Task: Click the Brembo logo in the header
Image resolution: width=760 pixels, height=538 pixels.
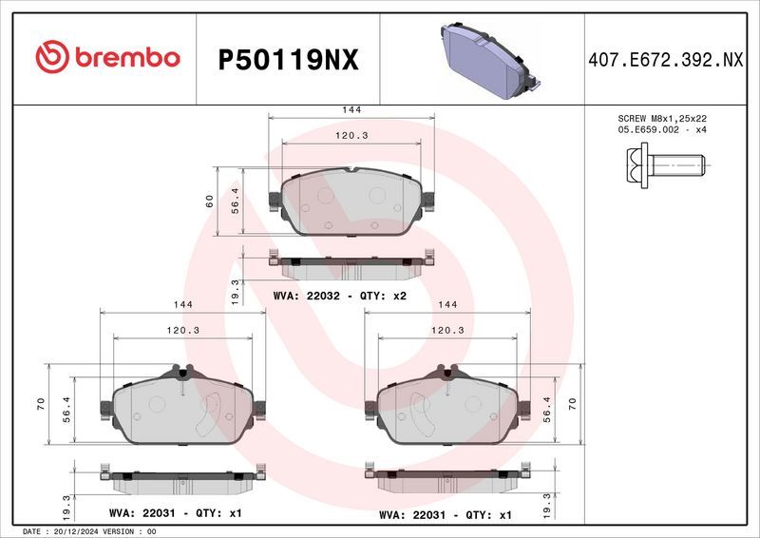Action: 107,58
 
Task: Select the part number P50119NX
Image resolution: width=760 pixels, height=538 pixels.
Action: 288,60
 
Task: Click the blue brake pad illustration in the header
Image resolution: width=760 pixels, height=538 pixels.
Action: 488,59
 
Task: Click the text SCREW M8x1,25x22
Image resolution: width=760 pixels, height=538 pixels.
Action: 662,118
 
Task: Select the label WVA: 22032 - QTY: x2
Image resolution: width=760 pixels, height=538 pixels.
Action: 339,296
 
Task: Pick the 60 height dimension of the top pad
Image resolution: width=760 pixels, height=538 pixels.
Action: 209,201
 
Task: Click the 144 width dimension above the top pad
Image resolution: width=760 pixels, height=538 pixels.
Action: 351,110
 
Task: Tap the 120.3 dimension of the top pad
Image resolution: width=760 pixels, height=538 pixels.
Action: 351,136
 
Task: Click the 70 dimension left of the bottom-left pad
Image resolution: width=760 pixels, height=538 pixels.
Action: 41,404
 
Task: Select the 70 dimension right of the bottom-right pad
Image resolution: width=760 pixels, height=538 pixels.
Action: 573,404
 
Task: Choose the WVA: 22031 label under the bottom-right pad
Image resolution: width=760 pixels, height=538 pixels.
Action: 445,514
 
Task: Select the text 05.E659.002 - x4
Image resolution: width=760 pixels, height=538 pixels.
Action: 662,129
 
